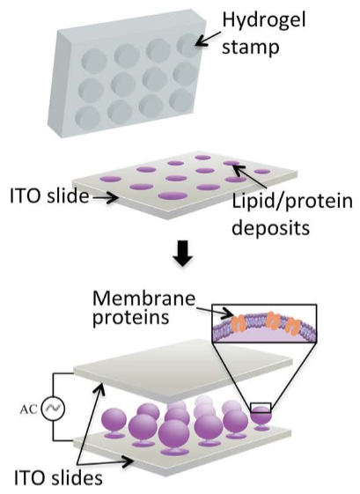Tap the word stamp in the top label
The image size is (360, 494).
click(x=251, y=48)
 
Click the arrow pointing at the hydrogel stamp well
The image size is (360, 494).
click(x=208, y=39)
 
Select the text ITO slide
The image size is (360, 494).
click(x=49, y=196)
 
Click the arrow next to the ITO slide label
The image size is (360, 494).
click(x=106, y=198)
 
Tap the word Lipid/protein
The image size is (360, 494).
click(x=292, y=202)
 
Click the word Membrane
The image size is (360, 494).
click(x=144, y=298)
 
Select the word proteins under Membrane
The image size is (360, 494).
click(x=130, y=318)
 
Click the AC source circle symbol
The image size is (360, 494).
click(x=53, y=409)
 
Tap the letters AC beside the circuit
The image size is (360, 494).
click(x=29, y=409)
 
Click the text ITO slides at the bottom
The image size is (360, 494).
click(x=58, y=477)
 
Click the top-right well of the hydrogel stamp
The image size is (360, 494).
click(x=188, y=46)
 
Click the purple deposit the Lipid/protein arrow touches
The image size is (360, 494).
click(x=231, y=163)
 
